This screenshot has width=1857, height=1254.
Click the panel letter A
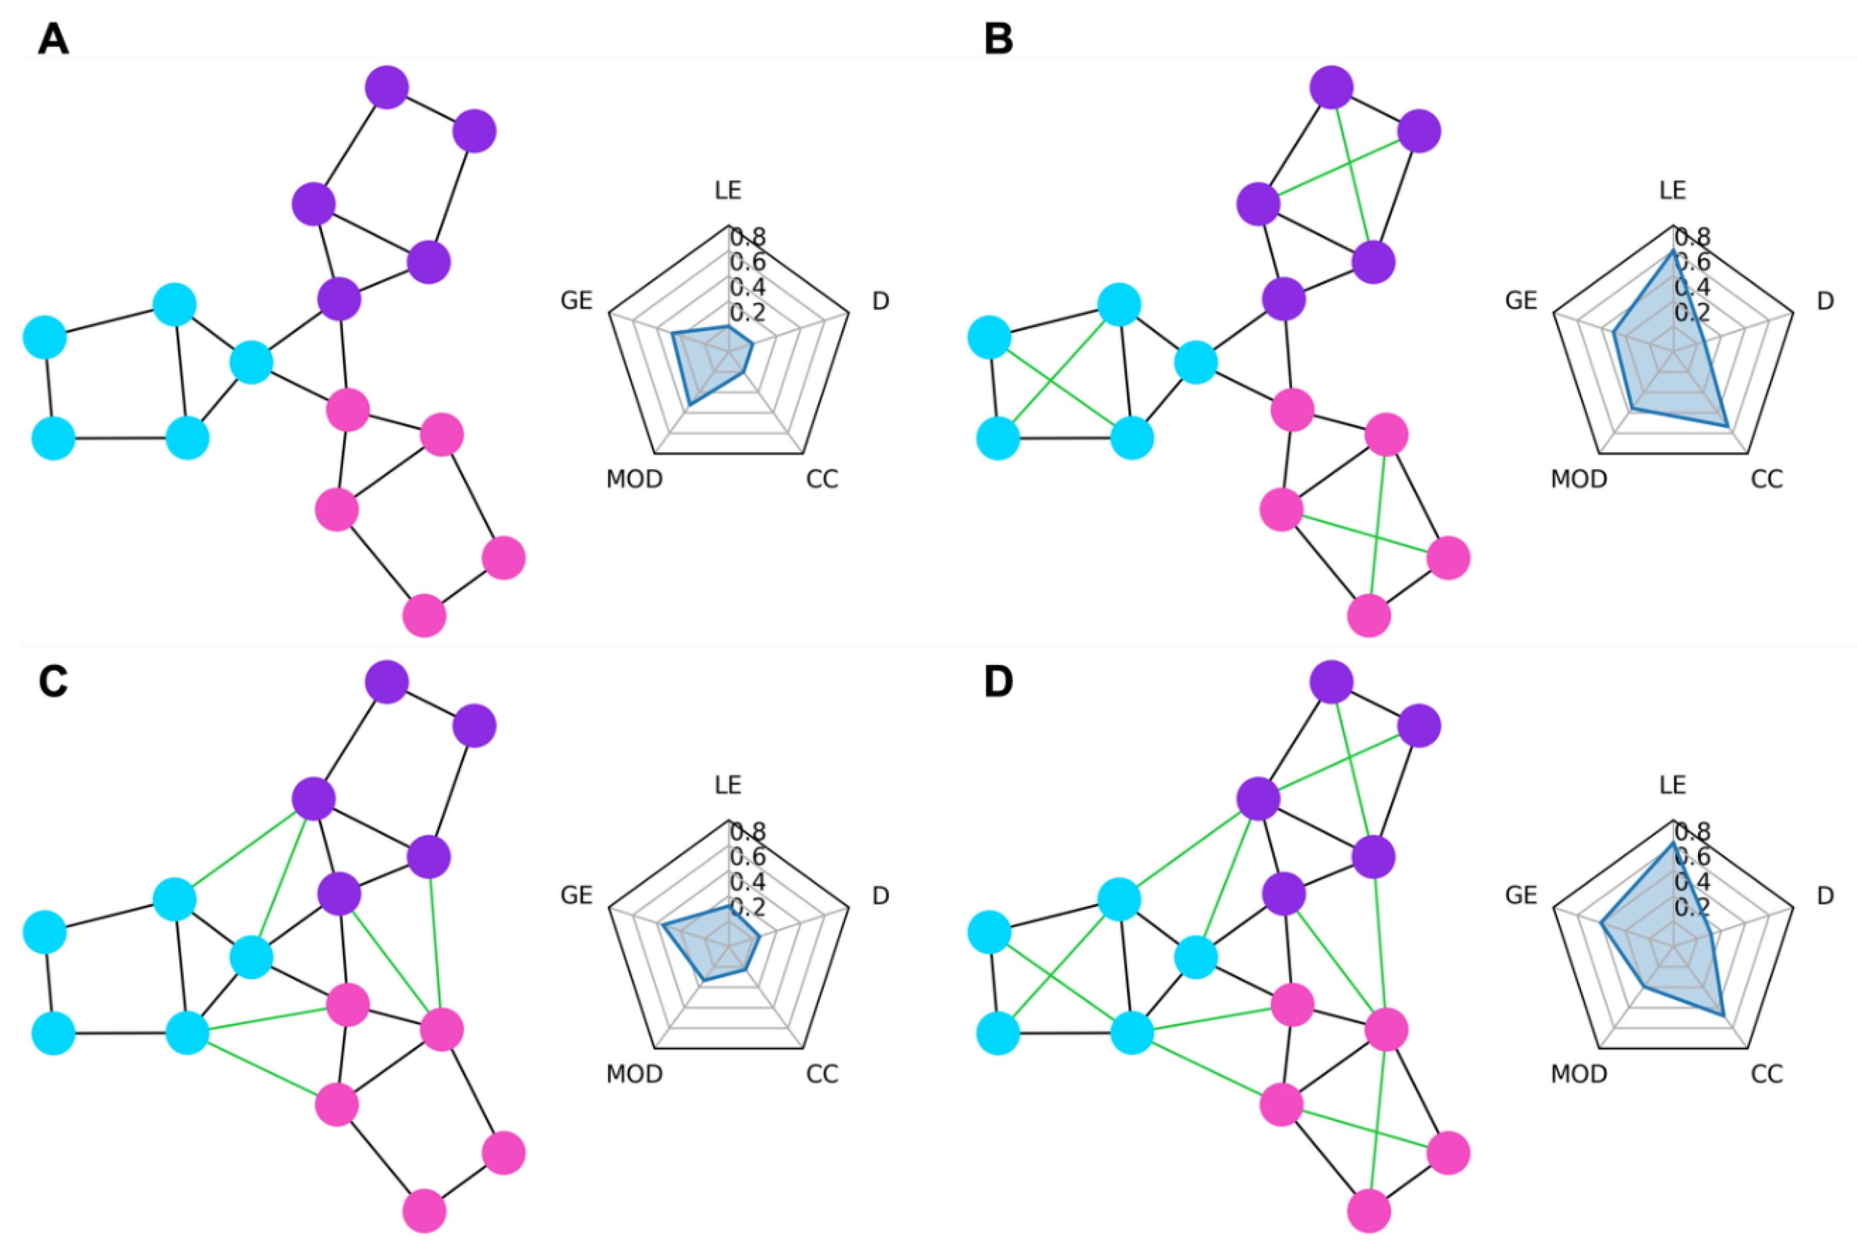(x=53, y=38)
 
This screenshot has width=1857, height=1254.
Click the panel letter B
(x=998, y=38)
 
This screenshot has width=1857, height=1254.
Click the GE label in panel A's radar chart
(x=576, y=301)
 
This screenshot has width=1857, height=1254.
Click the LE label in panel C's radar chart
(x=728, y=785)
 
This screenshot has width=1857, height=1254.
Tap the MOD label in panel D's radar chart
(x=1579, y=1073)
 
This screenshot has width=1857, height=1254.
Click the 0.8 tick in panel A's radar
(x=748, y=237)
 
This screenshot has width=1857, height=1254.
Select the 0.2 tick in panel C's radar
(x=748, y=906)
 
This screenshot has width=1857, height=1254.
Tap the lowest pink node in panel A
(x=425, y=615)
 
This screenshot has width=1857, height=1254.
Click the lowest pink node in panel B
(x=1369, y=615)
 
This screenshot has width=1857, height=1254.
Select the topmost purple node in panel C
(x=387, y=682)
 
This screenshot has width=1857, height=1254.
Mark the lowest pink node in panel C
(x=425, y=1211)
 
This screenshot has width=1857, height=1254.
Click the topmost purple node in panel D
(x=1332, y=682)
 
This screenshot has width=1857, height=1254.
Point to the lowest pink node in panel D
(x=1369, y=1211)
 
